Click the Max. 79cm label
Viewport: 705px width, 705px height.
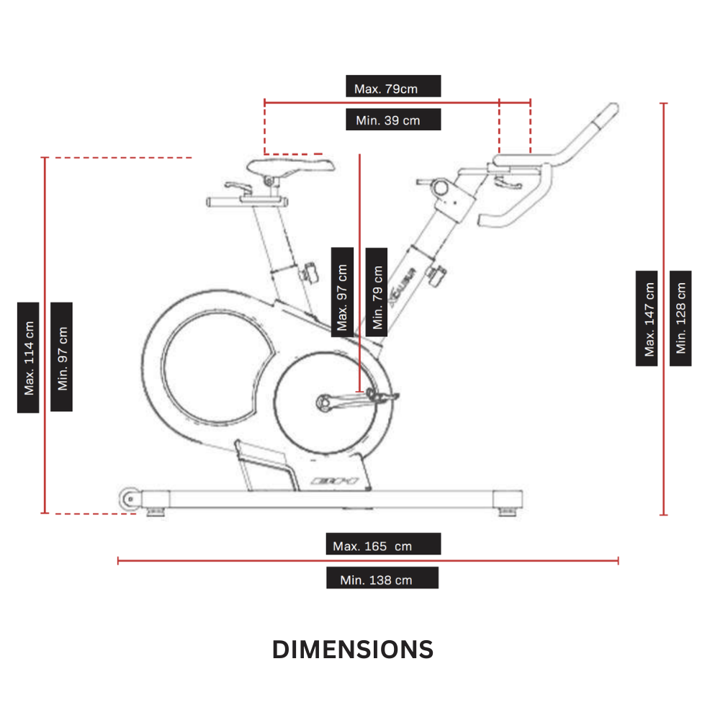(x=393, y=86)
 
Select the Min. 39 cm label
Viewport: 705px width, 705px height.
(x=393, y=120)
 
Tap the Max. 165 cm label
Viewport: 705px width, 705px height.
(x=382, y=544)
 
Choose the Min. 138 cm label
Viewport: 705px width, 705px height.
(x=382, y=578)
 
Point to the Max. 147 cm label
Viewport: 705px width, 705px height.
(x=647, y=318)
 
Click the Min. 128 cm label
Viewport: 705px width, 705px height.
(x=681, y=318)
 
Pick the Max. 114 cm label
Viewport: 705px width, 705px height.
(x=28, y=357)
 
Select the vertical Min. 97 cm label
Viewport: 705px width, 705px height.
(x=62, y=357)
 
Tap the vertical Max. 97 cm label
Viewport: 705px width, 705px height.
(x=342, y=292)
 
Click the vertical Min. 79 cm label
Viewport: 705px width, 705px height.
(x=376, y=292)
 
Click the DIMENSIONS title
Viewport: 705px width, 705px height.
(x=353, y=650)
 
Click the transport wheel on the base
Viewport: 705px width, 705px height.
(x=130, y=498)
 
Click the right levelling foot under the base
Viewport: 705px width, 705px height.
(x=508, y=512)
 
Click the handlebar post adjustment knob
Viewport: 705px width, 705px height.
(x=436, y=274)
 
